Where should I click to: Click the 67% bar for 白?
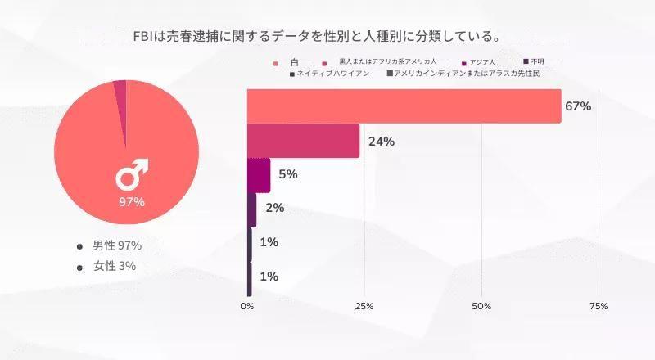[x=404, y=106]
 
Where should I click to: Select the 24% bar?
[x=304, y=141]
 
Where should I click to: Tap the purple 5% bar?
[x=259, y=175]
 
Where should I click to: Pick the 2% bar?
[x=252, y=209]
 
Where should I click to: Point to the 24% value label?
[x=382, y=141]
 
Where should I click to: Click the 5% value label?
[x=287, y=175]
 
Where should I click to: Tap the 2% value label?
[x=274, y=209]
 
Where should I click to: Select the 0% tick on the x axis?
[x=247, y=306]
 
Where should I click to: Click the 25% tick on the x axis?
[x=364, y=306]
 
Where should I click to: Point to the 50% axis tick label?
[x=481, y=306]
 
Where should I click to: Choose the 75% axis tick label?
[x=599, y=306]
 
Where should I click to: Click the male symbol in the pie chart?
[x=131, y=174]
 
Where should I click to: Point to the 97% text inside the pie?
[x=131, y=201]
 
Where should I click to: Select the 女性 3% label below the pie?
[x=115, y=266]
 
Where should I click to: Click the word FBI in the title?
[x=145, y=36]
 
